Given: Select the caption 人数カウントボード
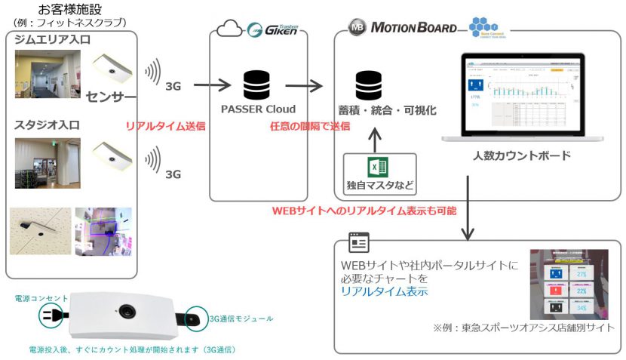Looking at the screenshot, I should point(521,156).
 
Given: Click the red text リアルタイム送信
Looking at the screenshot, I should point(165,125).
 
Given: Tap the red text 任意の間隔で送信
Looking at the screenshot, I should point(309,125).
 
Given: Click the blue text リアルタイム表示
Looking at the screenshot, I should point(383,291).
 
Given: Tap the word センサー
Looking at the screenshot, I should point(112,97).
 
